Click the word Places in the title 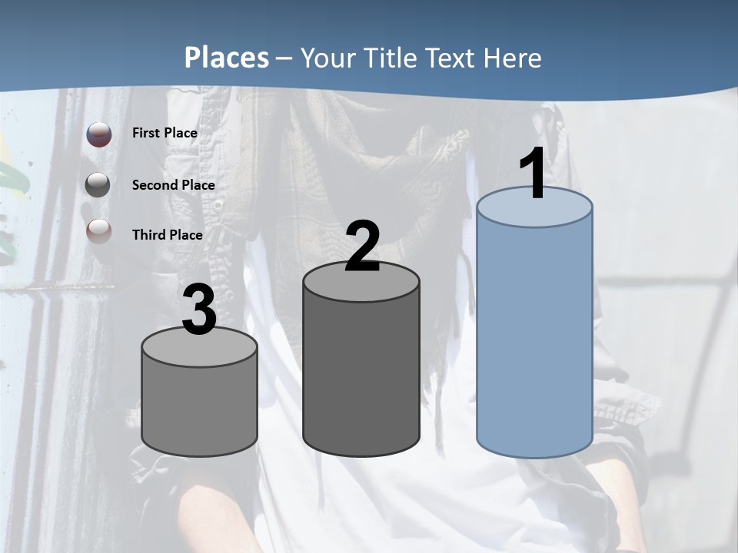pyautogui.click(x=227, y=58)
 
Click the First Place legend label pyautogui.click(x=165, y=133)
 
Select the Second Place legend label pyautogui.click(x=173, y=184)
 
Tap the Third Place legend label pyautogui.click(x=167, y=235)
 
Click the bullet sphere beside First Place pyautogui.click(x=98, y=134)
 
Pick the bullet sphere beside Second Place pyautogui.click(x=98, y=185)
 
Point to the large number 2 pyautogui.click(x=362, y=247)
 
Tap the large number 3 pyautogui.click(x=199, y=310)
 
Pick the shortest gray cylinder pyautogui.click(x=199, y=407)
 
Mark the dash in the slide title pyautogui.click(x=284, y=58)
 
